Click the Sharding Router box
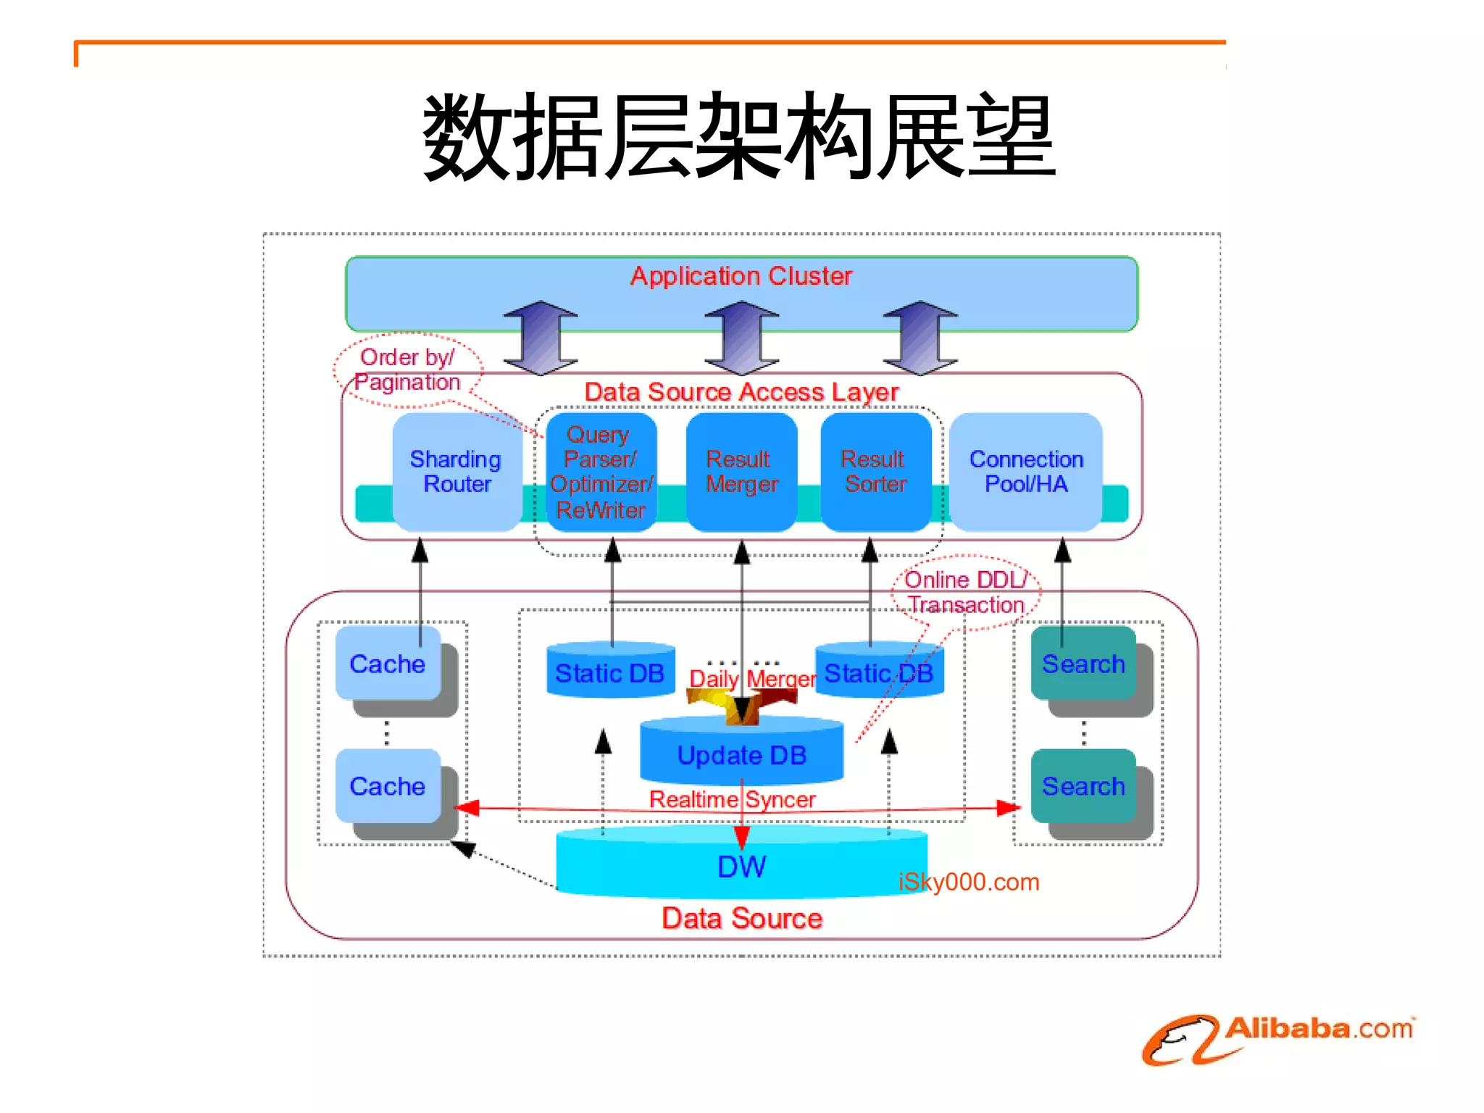(x=457, y=472)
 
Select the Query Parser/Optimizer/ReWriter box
(x=601, y=472)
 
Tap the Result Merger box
(x=741, y=472)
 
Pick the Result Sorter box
(x=875, y=472)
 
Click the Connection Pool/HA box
(x=1026, y=472)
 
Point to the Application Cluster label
(x=741, y=276)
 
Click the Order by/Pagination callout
(x=408, y=370)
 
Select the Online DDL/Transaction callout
(x=966, y=592)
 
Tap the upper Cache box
(x=388, y=664)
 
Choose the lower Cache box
(x=388, y=786)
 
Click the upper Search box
(x=1083, y=664)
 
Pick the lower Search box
(x=1083, y=786)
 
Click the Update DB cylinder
(x=741, y=755)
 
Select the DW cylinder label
(x=741, y=867)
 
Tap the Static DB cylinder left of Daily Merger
(x=610, y=673)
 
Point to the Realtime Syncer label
(x=732, y=799)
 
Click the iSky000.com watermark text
(x=969, y=882)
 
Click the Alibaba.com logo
(x=1279, y=1038)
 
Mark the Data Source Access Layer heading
(x=741, y=392)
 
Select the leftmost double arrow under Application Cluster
(x=541, y=338)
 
